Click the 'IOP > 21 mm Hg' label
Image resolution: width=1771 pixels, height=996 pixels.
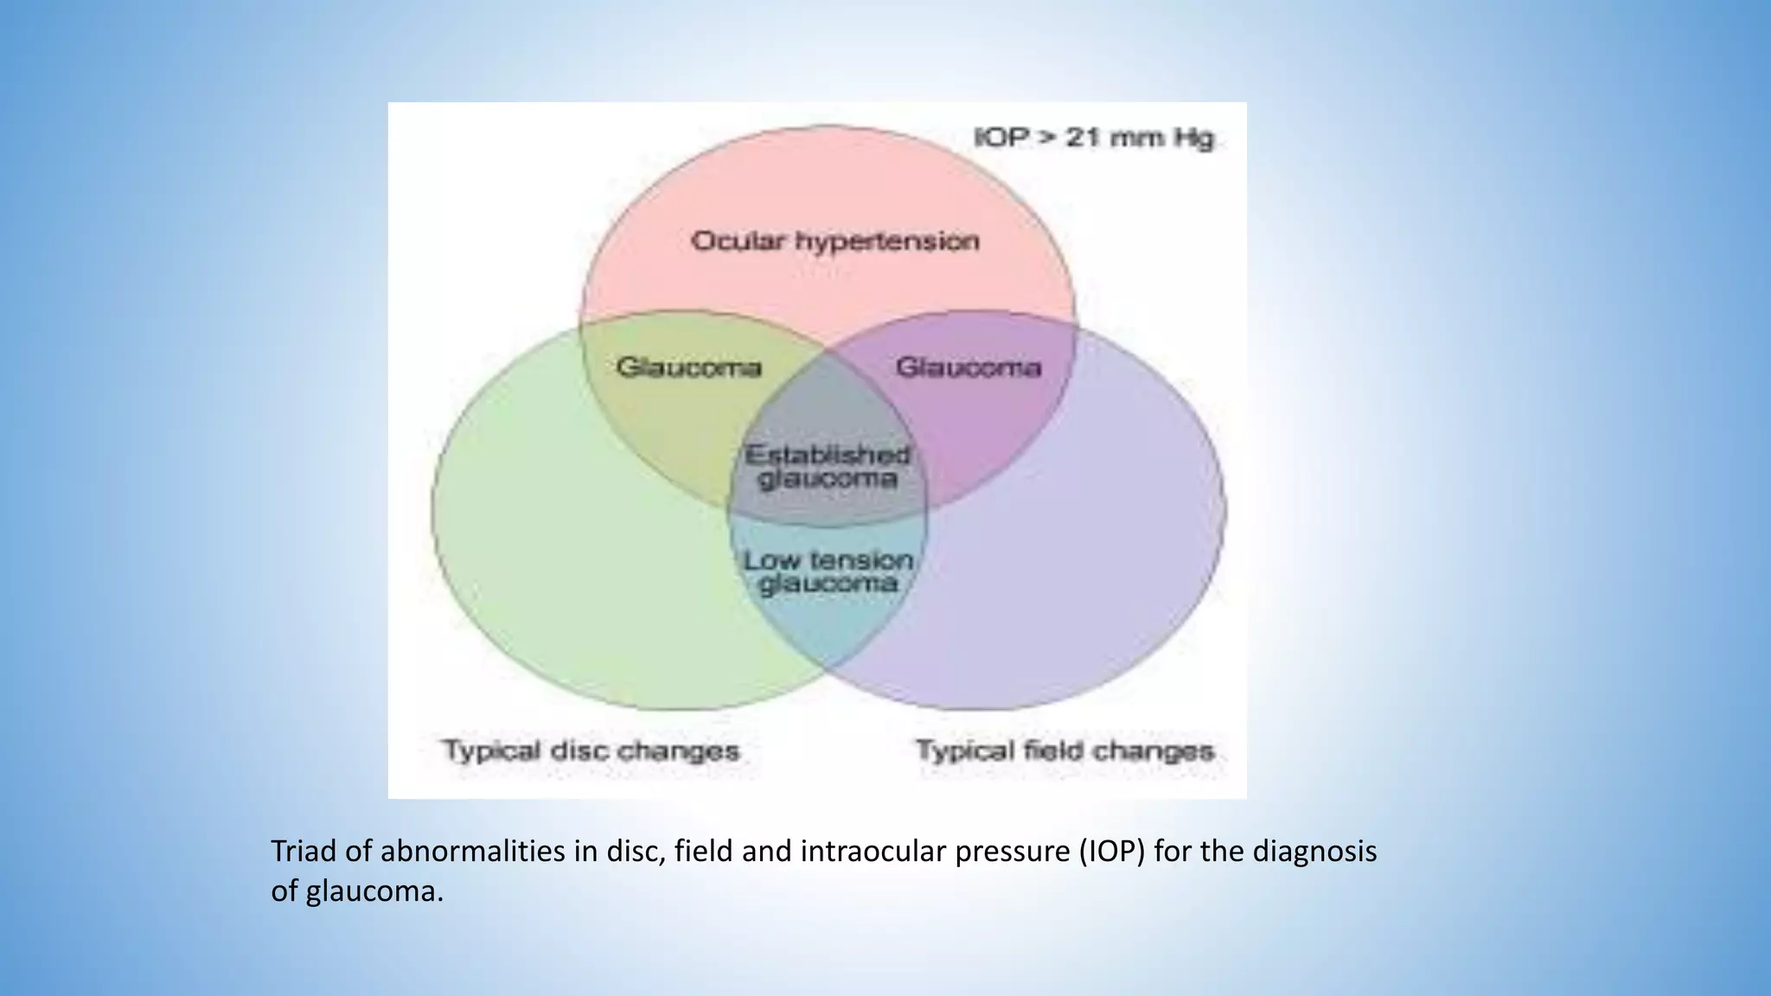pos(1094,138)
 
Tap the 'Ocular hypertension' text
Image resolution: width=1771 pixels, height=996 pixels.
pos(834,241)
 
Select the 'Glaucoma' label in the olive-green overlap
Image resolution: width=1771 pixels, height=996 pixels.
pos(688,367)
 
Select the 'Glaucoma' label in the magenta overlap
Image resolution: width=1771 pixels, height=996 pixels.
pos(968,367)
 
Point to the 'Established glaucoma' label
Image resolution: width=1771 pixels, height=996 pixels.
pos(828,467)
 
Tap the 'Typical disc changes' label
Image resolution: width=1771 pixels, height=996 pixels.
pos(591,750)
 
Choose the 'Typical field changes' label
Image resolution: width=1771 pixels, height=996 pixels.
pos(1065,750)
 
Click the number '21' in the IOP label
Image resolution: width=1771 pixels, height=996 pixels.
pos(1082,138)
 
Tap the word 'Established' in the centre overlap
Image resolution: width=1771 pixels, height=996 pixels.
pos(828,455)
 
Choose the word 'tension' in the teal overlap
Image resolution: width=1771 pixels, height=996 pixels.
pos(860,560)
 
